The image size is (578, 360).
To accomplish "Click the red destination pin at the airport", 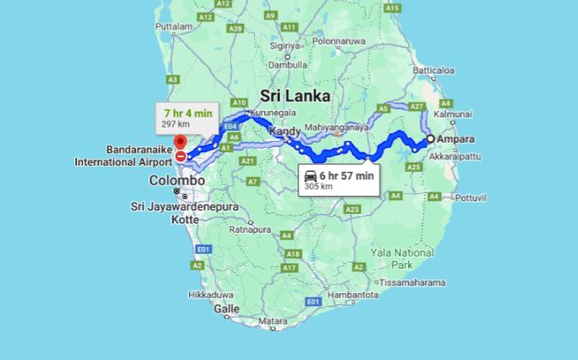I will pos(180,142).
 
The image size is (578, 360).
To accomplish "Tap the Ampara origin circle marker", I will pos(430,139).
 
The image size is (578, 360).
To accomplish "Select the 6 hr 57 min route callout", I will pos(338,180).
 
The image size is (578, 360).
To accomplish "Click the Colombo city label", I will pos(177,180).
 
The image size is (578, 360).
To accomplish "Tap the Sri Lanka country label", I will pos(295,96).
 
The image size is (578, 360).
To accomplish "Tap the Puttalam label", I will pos(174,27).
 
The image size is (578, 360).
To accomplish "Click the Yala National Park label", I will pos(403,258).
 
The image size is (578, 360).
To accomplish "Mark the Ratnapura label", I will pos(250,229).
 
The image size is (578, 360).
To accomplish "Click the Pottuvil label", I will pos(469,197).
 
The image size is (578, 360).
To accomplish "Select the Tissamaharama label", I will pos(412,282).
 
